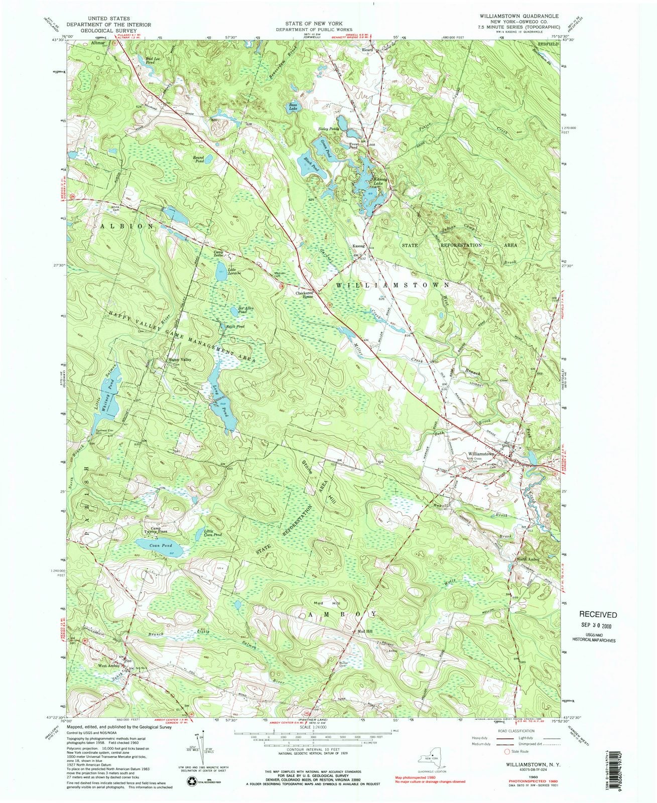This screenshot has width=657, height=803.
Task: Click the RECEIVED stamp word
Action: [598, 614]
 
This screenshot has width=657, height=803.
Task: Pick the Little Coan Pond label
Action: [213, 532]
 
